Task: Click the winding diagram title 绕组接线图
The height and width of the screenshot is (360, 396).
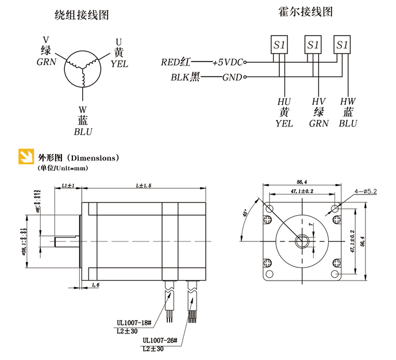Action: [x=81, y=15]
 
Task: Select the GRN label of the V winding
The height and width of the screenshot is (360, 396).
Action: [x=47, y=62]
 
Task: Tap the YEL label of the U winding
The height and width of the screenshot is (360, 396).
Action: [x=119, y=64]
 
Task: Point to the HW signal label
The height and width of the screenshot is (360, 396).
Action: [x=348, y=102]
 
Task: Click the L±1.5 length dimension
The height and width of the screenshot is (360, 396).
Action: [x=144, y=186]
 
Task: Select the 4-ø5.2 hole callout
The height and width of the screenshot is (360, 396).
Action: [x=366, y=190]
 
